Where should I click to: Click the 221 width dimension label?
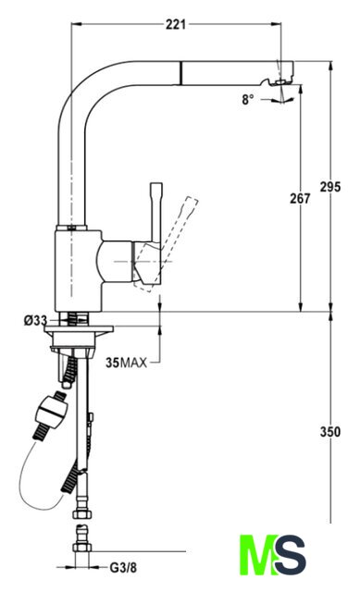(176, 25)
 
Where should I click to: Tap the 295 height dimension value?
(330, 187)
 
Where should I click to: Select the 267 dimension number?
(300, 198)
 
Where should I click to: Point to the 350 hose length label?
(330, 432)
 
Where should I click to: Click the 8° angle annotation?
(248, 100)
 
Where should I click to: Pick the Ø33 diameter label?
(35, 321)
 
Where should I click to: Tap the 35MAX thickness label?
(126, 363)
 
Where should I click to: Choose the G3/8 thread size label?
(123, 567)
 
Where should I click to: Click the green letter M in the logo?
(259, 555)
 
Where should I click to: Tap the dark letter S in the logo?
(290, 555)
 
